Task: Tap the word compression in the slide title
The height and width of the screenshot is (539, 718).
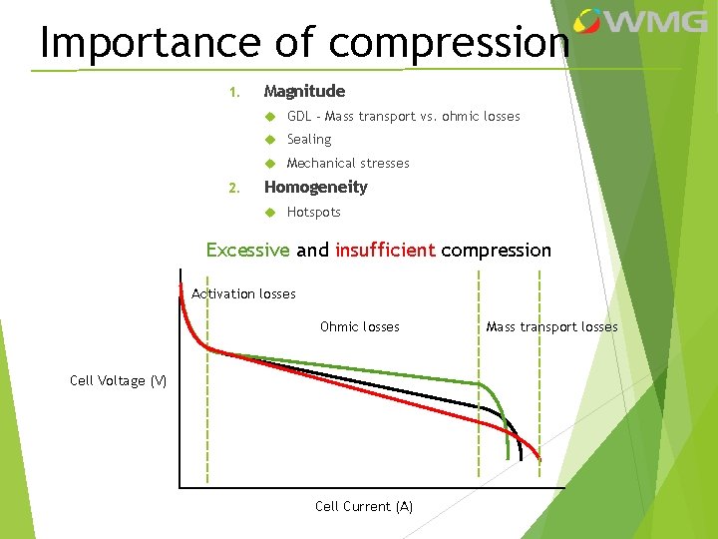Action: [450, 44]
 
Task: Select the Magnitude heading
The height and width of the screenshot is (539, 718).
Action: [304, 91]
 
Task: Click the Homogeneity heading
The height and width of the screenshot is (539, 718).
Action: [315, 187]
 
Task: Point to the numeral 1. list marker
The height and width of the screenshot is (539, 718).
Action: [233, 93]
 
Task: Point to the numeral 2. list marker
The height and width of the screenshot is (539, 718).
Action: [233, 188]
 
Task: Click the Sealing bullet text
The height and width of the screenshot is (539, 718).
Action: [309, 140]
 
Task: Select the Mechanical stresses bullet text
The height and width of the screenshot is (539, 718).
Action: [348, 163]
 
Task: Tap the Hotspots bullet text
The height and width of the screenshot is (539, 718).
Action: [314, 212]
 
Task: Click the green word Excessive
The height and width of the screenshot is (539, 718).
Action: [247, 250]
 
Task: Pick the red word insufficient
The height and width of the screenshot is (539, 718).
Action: [385, 250]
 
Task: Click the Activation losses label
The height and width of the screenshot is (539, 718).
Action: [243, 293]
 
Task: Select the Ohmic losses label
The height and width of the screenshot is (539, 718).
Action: [359, 326]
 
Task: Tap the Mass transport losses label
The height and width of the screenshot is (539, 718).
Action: [551, 326]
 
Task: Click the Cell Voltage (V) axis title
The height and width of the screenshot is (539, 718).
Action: [119, 380]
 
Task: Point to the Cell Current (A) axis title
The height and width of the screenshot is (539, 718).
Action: [364, 506]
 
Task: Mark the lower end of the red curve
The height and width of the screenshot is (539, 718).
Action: [539, 457]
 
